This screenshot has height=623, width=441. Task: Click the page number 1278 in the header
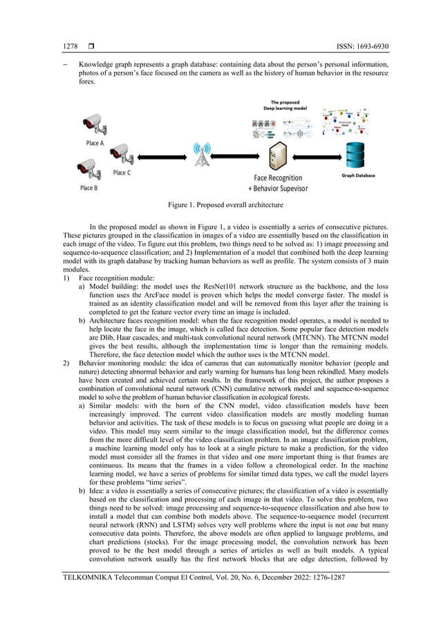tap(70, 47)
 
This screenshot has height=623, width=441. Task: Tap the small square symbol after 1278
tap(91, 47)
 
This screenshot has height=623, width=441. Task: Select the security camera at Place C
tap(120, 153)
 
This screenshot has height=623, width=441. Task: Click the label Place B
tap(88, 187)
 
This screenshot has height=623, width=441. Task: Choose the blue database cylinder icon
tap(357, 155)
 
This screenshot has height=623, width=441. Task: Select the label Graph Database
tap(359, 175)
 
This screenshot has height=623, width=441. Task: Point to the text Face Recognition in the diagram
tap(278, 178)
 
